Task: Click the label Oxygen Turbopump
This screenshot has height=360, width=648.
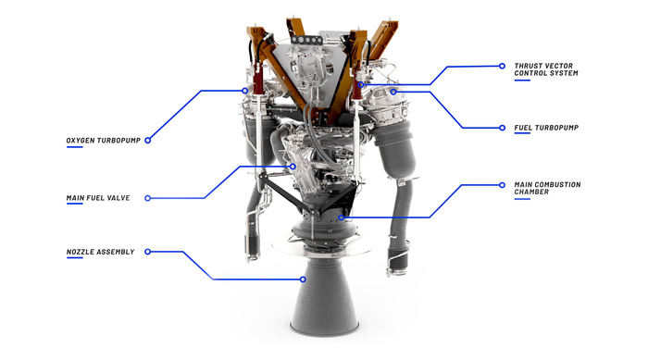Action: coord(104,141)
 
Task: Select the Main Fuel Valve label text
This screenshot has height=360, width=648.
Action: coord(98,198)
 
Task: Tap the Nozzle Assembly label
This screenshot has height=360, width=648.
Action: coord(100,252)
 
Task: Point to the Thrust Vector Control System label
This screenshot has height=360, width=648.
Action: coord(546,69)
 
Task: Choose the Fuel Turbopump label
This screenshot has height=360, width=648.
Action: coord(546,128)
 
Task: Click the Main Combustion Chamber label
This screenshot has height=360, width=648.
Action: coord(548,188)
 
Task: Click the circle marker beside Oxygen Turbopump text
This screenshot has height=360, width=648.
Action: coord(147,141)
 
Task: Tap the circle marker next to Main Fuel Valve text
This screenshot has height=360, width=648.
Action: coord(147,198)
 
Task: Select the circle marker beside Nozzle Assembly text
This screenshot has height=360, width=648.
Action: coord(147,252)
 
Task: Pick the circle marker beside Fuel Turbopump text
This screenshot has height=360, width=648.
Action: coord(502,128)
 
